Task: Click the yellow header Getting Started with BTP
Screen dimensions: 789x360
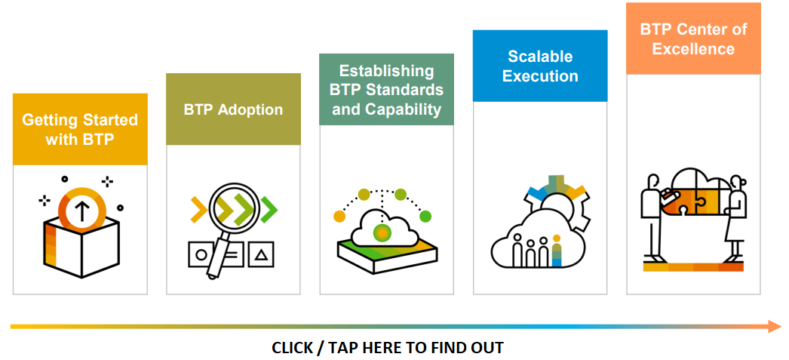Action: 80,129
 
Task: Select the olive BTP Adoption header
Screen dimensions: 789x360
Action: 234,109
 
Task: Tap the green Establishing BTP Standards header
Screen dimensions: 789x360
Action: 386,90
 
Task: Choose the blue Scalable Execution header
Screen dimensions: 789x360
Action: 540,66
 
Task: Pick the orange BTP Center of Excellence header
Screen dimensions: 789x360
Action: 693,38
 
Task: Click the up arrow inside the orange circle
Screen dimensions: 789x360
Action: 81,212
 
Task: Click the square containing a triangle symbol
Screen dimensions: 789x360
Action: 261,254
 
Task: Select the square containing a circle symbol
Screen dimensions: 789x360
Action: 201,254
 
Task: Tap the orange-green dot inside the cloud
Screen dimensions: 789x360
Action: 382,233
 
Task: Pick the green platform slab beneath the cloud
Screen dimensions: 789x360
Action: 388,255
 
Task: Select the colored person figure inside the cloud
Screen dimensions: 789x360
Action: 557,251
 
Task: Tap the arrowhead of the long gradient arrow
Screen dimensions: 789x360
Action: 775,326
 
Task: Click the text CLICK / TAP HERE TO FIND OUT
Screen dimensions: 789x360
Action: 388,347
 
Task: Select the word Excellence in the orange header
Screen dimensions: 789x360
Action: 693,49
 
